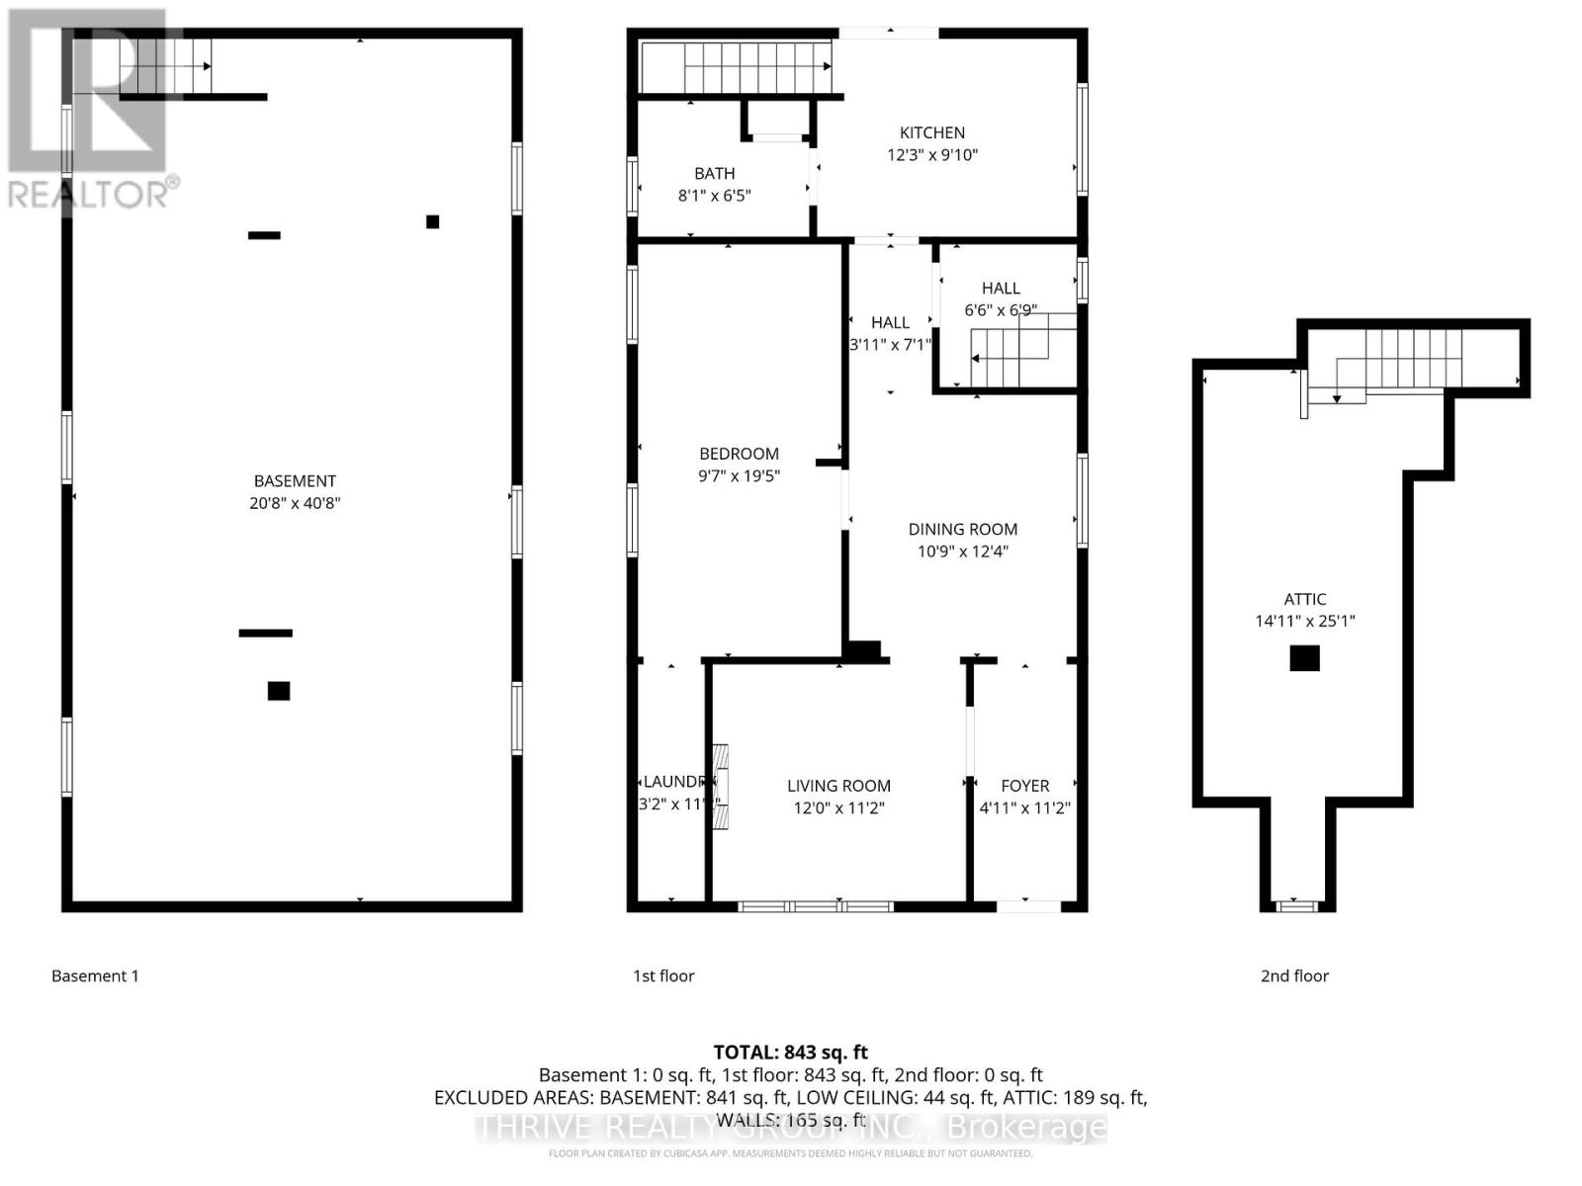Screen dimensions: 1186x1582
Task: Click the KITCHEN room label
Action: (x=931, y=132)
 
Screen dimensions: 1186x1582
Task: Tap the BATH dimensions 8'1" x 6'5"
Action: (x=714, y=196)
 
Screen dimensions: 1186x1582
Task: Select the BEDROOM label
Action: (x=739, y=454)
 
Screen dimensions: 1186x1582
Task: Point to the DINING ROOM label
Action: (x=962, y=530)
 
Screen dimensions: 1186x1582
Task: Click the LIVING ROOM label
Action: (x=838, y=786)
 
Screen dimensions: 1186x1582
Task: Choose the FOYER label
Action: (x=1024, y=786)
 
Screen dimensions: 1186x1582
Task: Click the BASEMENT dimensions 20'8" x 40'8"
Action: (x=295, y=503)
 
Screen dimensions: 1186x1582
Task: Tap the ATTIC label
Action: (x=1304, y=599)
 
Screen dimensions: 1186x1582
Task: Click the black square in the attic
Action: (x=1304, y=658)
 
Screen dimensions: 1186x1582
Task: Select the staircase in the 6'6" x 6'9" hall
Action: (x=1018, y=354)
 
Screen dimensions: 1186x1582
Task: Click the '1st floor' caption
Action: (x=663, y=976)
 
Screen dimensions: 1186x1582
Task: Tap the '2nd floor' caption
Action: (x=1293, y=976)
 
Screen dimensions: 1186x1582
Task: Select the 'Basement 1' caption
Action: (x=95, y=976)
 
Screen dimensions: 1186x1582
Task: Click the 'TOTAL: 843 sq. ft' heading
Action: (x=790, y=1053)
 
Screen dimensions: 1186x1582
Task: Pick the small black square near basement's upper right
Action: (x=432, y=221)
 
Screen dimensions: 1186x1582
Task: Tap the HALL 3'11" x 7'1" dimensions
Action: (x=890, y=345)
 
